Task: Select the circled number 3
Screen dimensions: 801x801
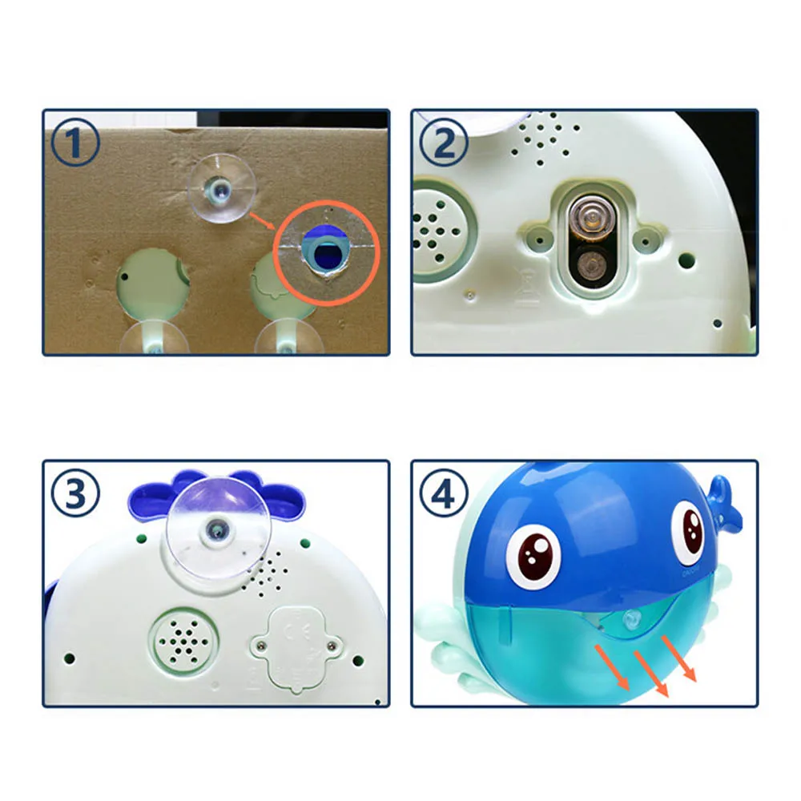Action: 75,494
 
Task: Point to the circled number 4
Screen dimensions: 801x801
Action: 444,494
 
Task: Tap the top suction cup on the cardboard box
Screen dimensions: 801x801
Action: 221,187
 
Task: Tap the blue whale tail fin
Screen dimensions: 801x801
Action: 722,503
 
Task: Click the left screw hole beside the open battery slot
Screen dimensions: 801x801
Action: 538,239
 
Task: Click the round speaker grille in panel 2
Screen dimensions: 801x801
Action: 439,230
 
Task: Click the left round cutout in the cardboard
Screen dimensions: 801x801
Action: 152,287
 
